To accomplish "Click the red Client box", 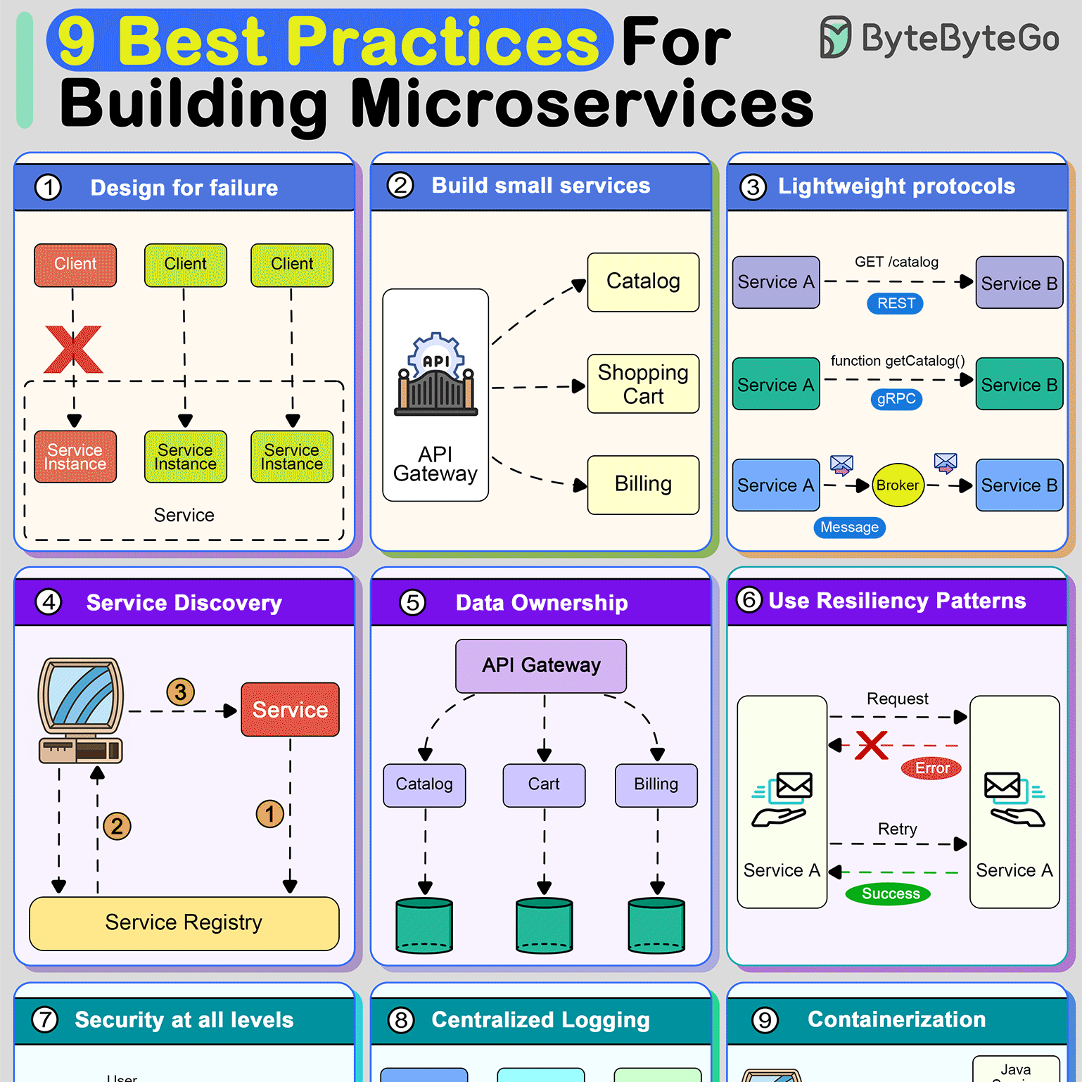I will [75, 265].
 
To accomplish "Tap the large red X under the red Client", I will [73, 349].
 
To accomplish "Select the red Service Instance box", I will [75, 457].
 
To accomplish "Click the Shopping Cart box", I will [643, 383].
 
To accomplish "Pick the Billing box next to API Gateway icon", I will [643, 485].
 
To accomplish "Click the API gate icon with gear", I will [435, 376].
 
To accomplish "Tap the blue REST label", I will [896, 303].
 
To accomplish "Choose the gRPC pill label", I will [896, 399].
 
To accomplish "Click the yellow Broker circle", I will [898, 485].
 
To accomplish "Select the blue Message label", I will [849, 527].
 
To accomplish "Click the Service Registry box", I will [184, 922].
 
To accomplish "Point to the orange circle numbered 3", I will [181, 692].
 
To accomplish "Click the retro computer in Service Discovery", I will [80, 711].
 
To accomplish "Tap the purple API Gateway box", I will [541, 666].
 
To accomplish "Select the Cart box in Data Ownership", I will [544, 784].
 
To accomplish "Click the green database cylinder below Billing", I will [656, 925].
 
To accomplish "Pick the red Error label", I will [931, 768].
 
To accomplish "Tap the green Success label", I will [888, 893].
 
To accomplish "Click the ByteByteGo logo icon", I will [835, 37].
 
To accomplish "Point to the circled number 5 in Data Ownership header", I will [413, 602].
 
